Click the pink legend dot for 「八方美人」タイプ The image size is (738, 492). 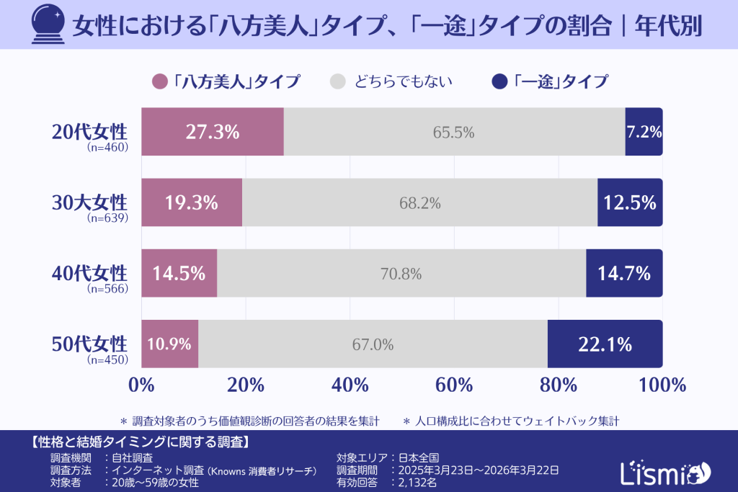coord(160,81)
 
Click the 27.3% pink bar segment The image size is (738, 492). coord(212,132)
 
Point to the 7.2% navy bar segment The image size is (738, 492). coord(644,132)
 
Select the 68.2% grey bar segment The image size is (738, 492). coord(419,203)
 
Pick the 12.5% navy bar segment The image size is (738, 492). coord(630,203)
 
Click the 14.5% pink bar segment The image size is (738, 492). coord(179,274)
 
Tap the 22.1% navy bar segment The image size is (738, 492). coord(605,344)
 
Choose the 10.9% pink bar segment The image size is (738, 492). coord(169,344)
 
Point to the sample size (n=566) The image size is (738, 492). coord(107,289)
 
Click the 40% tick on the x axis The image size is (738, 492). coord(350,385)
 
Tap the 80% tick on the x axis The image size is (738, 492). coord(559,385)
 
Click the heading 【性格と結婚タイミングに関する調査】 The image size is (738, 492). coord(141,441)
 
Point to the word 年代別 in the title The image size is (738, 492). coord(667,26)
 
